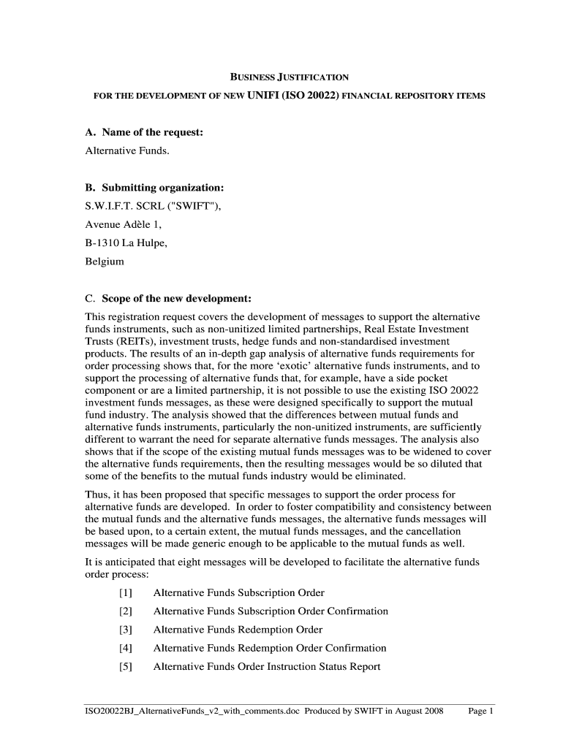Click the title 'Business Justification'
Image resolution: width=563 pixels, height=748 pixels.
[x=290, y=77]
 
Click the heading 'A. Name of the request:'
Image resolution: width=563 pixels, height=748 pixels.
[x=143, y=132]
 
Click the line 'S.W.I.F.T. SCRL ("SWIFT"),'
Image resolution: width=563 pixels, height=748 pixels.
[x=153, y=206]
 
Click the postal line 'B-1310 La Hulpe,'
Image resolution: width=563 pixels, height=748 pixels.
[x=126, y=243]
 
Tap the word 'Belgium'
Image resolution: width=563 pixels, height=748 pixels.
[x=105, y=261]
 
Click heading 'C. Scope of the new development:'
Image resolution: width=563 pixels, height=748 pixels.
[x=168, y=299]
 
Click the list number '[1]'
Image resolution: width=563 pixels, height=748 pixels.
[x=125, y=592]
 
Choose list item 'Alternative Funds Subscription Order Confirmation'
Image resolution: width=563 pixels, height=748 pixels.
[x=271, y=611]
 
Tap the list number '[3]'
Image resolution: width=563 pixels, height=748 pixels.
[x=125, y=630]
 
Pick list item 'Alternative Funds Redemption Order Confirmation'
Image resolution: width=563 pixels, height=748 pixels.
[x=269, y=648]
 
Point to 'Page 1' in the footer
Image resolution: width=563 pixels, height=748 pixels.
[x=481, y=711]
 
